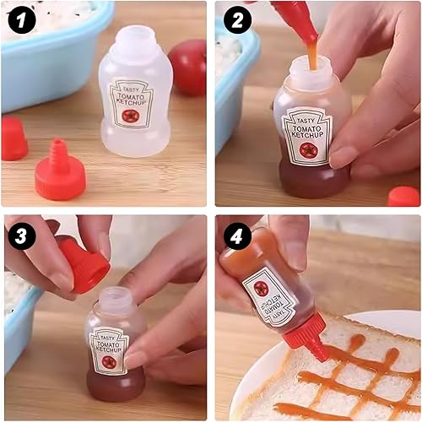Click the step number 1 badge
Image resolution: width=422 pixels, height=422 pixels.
point(22,20)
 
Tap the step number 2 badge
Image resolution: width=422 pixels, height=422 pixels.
point(237,20)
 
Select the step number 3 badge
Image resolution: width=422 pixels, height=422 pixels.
point(22,235)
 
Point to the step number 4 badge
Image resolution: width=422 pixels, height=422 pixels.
point(237,235)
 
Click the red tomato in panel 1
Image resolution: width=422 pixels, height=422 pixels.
point(188,68)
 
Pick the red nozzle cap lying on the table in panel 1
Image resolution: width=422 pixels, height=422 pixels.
point(60,172)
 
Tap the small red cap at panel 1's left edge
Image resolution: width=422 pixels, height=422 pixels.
point(14,138)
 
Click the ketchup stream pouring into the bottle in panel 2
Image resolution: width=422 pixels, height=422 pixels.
point(312,57)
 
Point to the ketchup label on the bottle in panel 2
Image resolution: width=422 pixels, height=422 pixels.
point(308,136)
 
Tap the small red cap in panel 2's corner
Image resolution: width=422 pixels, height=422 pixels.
point(404,196)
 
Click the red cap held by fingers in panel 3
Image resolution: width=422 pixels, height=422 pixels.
point(84,263)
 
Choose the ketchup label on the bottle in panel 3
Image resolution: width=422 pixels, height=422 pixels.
point(109,350)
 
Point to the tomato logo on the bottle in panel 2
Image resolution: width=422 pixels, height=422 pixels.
point(308,150)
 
